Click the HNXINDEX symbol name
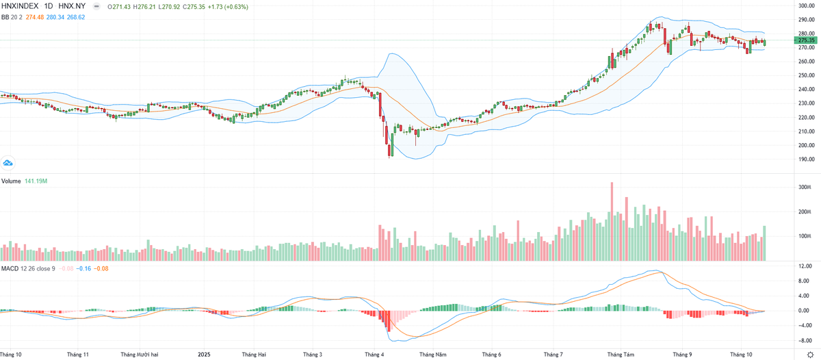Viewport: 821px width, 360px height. coord(18,6)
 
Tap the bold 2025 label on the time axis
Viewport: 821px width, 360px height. coord(203,355)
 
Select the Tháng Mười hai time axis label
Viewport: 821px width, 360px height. coord(140,355)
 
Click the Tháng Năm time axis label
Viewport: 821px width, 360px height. coord(433,355)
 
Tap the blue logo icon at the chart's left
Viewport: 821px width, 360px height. coord(8,163)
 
